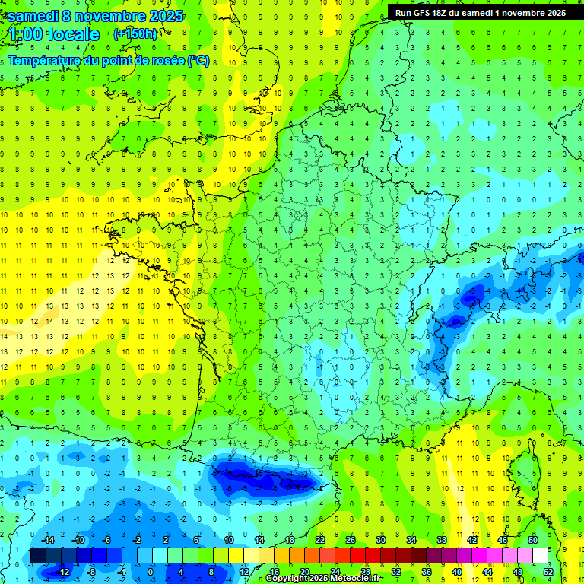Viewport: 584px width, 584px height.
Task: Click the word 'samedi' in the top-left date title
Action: [x=30, y=16]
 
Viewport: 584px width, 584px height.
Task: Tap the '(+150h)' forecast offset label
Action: [x=135, y=33]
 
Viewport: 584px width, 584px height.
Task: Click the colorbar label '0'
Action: [x=151, y=571]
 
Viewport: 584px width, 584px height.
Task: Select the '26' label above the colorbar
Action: [x=351, y=540]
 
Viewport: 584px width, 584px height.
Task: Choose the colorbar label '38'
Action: [x=442, y=540]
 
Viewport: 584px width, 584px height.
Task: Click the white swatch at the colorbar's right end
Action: [x=540, y=556]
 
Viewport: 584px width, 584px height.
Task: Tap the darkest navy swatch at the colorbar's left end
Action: [x=38, y=556]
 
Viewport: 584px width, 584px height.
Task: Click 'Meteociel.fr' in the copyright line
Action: [x=351, y=579]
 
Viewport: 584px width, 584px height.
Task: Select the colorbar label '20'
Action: [x=304, y=571]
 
